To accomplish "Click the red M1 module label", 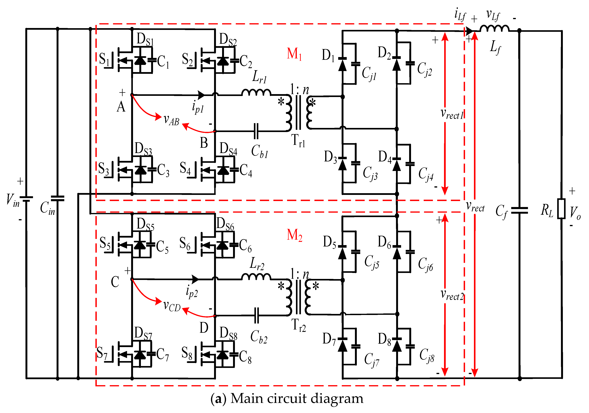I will pos(294,54).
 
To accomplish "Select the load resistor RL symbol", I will pos(561,209).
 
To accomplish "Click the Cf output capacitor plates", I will pos(519,211).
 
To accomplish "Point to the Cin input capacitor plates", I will pos(57,198).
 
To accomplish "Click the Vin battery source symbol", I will pos(27,199).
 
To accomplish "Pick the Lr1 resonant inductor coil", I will pos(256,92).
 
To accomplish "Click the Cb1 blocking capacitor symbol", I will pos(256,131).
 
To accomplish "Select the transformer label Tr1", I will pos(298,141).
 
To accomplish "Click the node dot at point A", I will pos(132,95).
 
